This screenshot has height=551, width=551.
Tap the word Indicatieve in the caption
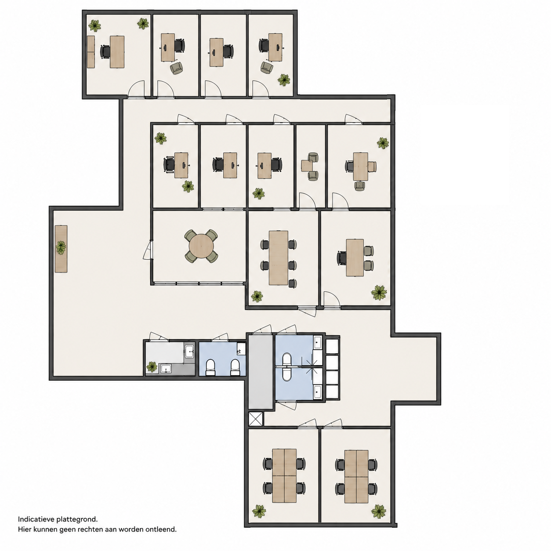point(36,519)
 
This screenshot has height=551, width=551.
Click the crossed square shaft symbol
point(255,419)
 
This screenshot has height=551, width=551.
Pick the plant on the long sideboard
point(61,248)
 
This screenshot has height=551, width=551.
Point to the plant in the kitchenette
point(152,366)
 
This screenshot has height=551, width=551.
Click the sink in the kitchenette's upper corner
point(189,351)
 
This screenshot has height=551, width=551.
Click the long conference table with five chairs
point(278,258)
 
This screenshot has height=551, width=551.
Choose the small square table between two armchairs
point(307,166)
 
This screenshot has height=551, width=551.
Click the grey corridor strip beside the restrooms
point(260,372)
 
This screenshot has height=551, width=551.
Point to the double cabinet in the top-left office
point(91,52)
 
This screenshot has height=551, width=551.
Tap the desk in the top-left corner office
point(117,52)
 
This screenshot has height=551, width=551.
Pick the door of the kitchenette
point(159,336)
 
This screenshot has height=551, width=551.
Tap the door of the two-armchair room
point(307,201)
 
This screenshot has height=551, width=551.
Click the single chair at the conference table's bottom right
point(292,283)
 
